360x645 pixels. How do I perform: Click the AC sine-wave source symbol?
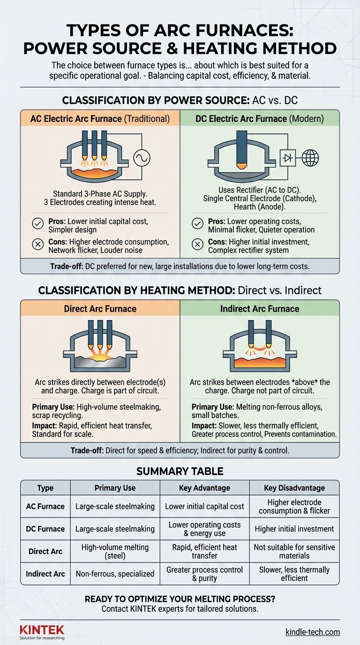(x=141, y=159)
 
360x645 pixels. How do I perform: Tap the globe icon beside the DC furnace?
(x=310, y=158)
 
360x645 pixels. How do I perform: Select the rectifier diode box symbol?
(x=286, y=158)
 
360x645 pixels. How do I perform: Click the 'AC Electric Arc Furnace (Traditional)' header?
(x=100, y=119)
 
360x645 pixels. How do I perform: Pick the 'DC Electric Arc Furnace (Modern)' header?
(x=260, y=119)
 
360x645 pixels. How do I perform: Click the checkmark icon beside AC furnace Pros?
(x=37, y=224)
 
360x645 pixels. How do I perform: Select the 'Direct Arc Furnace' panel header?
(x=100, y=308)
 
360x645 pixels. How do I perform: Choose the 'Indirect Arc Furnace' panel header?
(x=260, y=308)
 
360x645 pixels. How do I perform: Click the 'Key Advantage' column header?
(x=204, y=487)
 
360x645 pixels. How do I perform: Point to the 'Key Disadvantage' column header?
(x=294, y=487)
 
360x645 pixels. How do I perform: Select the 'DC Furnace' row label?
(x=45, y=529)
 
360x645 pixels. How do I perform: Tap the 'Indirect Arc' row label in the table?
(x=45, y=574)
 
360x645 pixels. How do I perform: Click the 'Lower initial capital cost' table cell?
(x=204, y=506)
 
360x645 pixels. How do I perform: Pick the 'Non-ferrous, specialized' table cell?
(x=115, y=574)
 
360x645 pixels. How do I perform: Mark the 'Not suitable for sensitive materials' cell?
(x=294, y=551)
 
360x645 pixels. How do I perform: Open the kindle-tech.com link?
(x=313, y=632)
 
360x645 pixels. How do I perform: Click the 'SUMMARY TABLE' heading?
(x=180, y=471)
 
